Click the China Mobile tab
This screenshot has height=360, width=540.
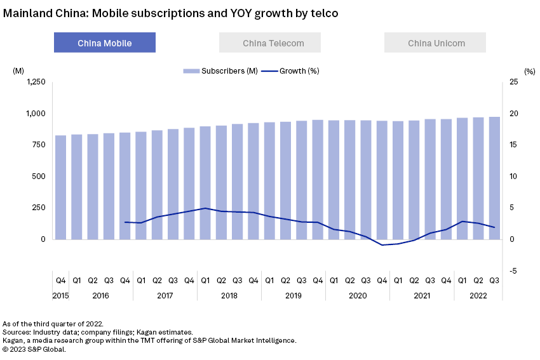pos(105,43)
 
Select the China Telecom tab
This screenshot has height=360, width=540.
pos(270,43)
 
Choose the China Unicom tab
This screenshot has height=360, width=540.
pos(435,43)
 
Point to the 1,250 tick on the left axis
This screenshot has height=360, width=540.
pos(36,82)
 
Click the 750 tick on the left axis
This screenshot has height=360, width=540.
pos(39,145)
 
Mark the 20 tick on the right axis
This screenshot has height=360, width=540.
pos(514,114)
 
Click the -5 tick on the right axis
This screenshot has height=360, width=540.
pos(513,270)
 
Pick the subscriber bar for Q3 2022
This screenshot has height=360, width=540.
pos(494,178)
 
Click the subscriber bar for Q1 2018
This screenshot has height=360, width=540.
pos(205,183)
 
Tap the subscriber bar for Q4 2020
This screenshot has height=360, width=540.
pos(382,180)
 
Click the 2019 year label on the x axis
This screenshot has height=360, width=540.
pos(294,295)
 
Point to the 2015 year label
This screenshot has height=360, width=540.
pos(60,295)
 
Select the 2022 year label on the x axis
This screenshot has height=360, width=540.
pos(478,295)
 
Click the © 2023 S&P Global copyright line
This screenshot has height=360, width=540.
pos(34,349)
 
